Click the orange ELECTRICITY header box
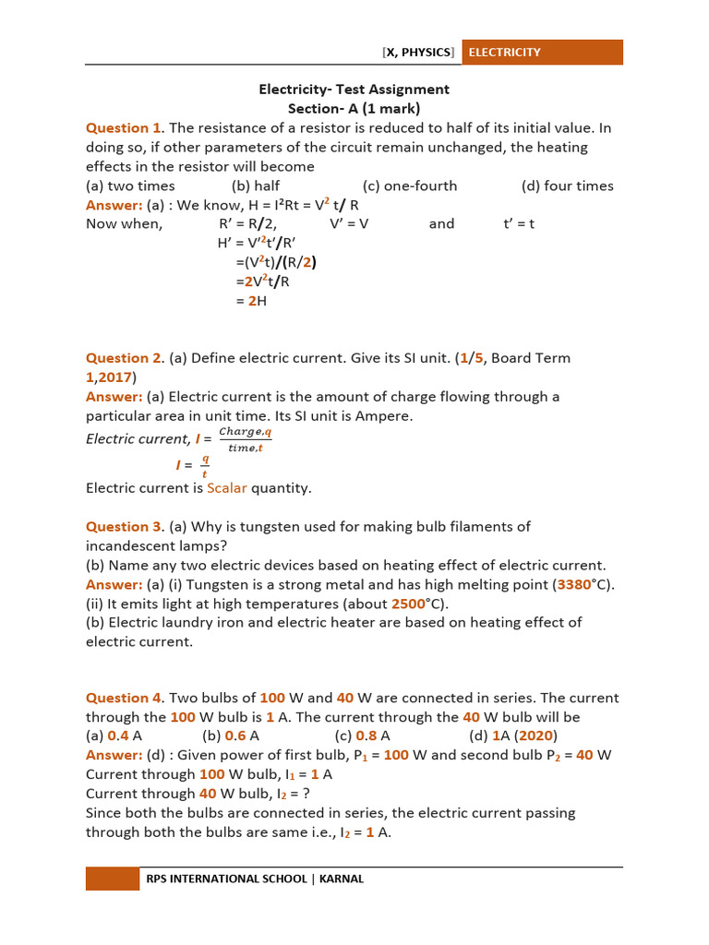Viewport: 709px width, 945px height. point(542,53)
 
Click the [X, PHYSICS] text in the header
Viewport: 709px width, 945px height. point(418,53)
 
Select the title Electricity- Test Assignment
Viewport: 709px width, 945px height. point(354,90)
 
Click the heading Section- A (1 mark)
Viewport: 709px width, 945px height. point(354,109)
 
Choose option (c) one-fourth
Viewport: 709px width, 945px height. point(409,185)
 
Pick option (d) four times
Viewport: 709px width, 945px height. point(567,185)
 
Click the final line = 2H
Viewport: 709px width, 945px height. point(250,301)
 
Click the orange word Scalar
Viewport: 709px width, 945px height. point(227,488)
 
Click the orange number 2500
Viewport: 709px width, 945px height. point(408,604)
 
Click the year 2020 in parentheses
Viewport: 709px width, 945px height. point(535,736)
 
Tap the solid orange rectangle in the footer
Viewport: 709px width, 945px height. point(113,879)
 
